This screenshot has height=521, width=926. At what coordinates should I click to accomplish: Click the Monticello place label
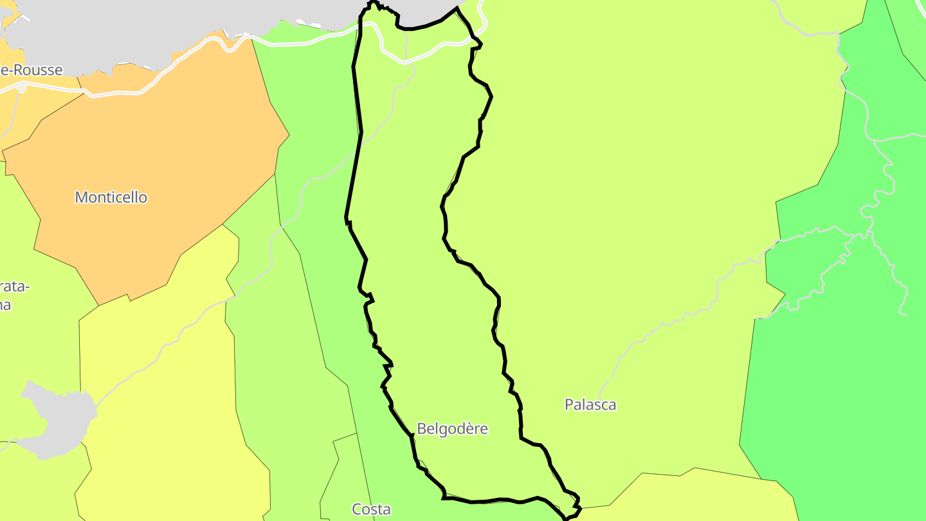111,197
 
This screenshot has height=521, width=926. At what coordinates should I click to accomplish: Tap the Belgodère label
452,428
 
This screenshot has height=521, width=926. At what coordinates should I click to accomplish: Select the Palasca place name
590,405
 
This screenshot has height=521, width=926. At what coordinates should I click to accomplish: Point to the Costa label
371,509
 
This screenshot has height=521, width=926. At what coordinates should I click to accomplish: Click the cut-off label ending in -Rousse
32,70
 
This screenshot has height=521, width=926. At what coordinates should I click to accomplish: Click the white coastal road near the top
289,44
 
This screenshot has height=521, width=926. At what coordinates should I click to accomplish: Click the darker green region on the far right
836,386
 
